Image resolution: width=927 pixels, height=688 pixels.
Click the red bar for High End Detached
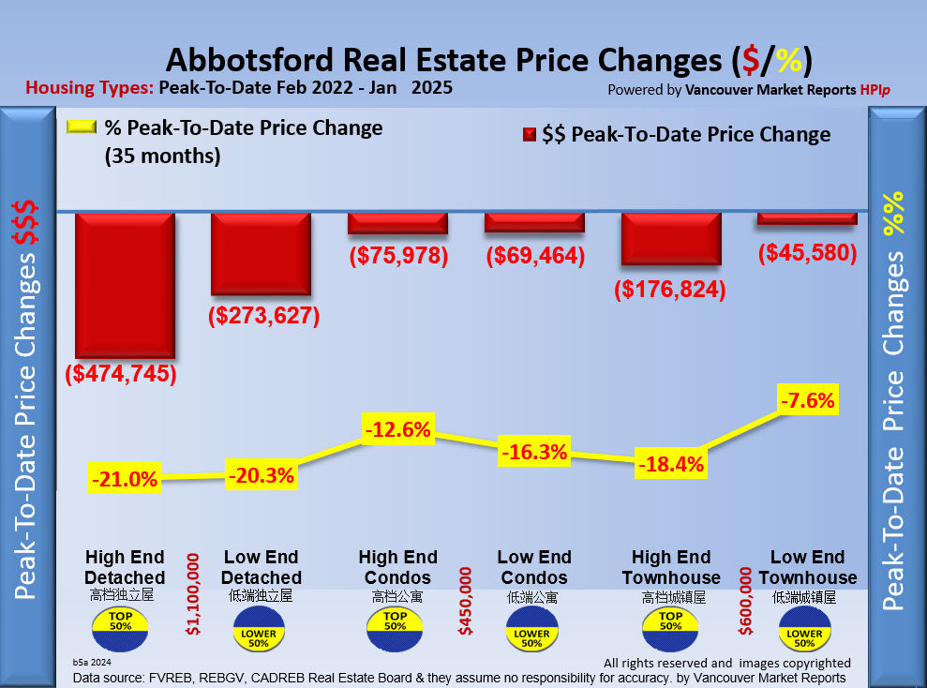125,285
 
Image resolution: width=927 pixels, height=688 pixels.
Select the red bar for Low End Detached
261,253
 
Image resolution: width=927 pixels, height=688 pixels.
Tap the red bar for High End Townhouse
671,240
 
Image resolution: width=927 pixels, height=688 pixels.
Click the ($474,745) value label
121,374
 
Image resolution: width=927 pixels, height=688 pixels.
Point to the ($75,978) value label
398,255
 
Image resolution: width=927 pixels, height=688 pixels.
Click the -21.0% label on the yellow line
124,480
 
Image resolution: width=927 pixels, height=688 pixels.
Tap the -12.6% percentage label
397,430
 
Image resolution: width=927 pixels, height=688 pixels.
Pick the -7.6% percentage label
807,400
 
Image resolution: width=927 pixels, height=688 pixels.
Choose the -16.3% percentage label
534,453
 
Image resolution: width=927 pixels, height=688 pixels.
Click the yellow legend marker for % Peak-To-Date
82,128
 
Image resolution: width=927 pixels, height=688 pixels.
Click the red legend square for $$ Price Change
528,135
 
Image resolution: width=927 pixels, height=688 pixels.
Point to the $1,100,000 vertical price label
193,594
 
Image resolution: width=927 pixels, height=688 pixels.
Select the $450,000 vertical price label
464,600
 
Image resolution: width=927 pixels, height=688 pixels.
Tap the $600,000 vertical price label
746,600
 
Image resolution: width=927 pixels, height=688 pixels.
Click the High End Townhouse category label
671,567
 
